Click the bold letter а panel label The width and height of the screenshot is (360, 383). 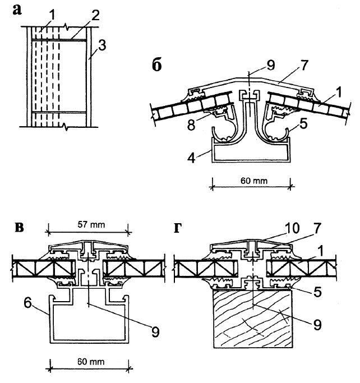17,10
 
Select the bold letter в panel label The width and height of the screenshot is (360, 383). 19,228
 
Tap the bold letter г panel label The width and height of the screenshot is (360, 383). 178,228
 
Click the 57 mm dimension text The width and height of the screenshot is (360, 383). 91,224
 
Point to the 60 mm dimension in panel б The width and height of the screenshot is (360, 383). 254,181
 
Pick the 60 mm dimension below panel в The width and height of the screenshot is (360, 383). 91,362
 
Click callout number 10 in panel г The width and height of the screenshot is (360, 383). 292,228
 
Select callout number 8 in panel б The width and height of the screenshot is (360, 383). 191,125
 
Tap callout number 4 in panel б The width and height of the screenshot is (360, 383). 191,158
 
